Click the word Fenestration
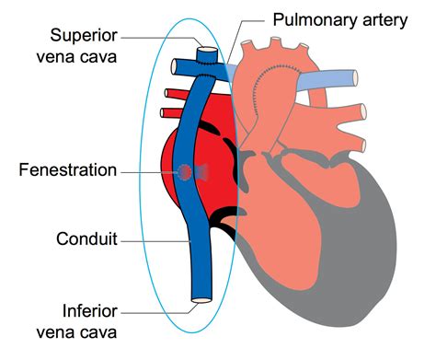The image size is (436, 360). point(72,170)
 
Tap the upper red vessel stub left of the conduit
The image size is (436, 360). point(174,93)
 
